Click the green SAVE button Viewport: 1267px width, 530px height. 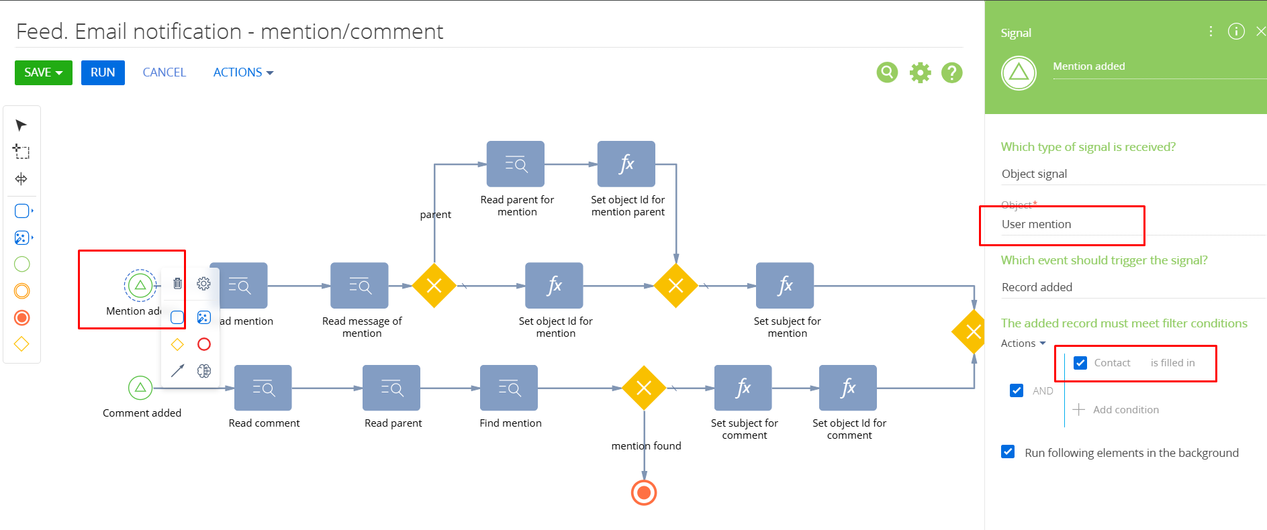(x=43, y=72)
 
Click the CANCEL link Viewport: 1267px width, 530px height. (x=164, y=72)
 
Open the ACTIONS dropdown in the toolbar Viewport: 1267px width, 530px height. (x=243, y=72)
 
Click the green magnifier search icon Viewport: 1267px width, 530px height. (x=887, y=72)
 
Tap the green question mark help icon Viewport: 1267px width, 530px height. (x=951, y=72)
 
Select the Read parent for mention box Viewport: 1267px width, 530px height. (x=516, y=164)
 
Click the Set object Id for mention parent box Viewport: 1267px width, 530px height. (x=626, y=164)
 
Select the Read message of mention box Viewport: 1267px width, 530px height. (x=359, y=285)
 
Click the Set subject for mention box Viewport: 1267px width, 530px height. (x=785, y=285)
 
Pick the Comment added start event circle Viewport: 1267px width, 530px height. (x=140, y=387)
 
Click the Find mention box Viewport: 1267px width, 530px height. (x=509, y=388)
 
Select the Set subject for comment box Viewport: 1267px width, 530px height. (x=743, y=388)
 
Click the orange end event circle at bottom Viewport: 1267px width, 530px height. (x=644, y=493)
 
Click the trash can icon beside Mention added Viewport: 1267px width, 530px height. (x=177, y=283)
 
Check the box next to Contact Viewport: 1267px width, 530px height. (x=1080, y=363)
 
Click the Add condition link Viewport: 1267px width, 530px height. (x=1125, y=409)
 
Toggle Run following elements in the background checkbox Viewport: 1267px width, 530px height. (x=1008, y=452)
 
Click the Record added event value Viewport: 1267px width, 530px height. (x=1037, y=287)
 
